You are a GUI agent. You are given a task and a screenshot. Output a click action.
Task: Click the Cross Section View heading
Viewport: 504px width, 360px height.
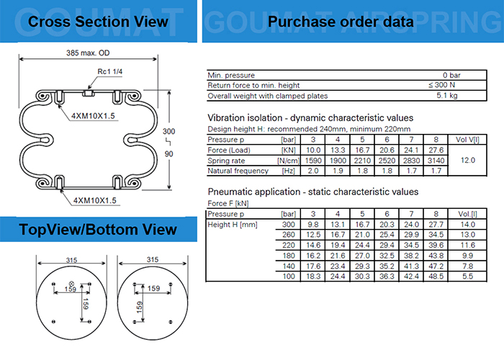click(98, 21)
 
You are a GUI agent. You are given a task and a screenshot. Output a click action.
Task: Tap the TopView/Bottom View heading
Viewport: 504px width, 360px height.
click(98, 230)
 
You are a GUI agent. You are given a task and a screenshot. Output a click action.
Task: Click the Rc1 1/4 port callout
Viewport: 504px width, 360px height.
click(108, 71)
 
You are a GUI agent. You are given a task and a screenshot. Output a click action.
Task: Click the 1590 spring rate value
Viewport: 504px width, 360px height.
click(313, 160)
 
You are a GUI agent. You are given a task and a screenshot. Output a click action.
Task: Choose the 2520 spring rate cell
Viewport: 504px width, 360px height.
click(388, 160)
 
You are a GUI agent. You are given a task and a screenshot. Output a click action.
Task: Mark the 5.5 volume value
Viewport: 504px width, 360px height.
click(467, 276)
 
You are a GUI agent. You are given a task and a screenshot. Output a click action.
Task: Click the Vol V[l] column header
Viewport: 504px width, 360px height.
click(469, 138)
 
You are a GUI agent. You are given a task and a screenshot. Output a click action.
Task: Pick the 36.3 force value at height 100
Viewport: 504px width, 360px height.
click(388, 276)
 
